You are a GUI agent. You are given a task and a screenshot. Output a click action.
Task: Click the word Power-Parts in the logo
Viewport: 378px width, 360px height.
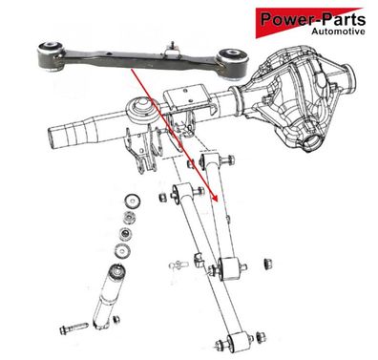tap(313, 19)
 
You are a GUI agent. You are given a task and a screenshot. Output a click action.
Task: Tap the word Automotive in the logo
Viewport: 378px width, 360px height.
tap(338, 32)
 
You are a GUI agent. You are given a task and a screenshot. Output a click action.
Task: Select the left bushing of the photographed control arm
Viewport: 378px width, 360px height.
tap(51, 55)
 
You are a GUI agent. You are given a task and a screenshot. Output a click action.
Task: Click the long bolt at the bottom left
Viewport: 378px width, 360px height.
tap(73, 328)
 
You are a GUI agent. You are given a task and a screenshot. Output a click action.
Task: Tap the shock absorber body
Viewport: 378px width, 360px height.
tap(108, 297)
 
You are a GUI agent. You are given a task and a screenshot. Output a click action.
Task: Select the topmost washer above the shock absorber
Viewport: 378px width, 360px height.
tap(133, 201)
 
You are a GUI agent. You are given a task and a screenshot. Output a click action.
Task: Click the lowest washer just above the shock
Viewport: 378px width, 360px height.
tap(122, 250)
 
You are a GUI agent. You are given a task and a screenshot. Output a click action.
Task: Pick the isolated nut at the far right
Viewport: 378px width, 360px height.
tap(268, 264)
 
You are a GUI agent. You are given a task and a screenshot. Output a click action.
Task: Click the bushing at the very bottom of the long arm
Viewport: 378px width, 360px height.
tap(238, 343)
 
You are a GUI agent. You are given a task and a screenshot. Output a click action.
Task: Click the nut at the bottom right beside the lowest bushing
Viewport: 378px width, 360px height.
tap(261, 337)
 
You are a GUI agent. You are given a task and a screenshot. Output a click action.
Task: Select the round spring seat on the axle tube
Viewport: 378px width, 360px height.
tap(142, 112)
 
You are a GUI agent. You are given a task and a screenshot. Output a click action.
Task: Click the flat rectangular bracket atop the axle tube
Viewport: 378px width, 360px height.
tap(188, 97)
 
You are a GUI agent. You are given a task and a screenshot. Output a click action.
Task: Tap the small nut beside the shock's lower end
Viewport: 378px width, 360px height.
tap(116, 319)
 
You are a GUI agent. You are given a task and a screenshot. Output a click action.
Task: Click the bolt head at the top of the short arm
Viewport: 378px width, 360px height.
tap(228, 160)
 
